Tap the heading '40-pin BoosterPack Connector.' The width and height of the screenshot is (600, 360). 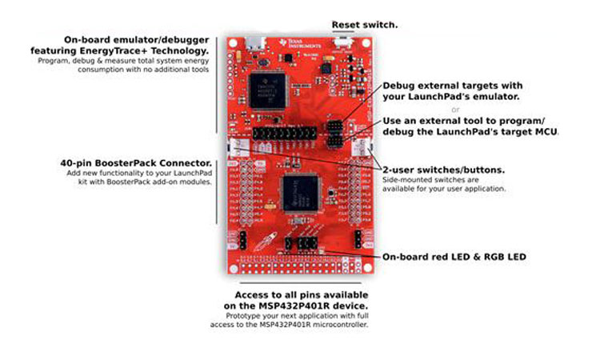(135, 162)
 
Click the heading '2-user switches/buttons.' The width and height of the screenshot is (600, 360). (443, 170)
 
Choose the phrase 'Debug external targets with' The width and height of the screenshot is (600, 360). (452, 86)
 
